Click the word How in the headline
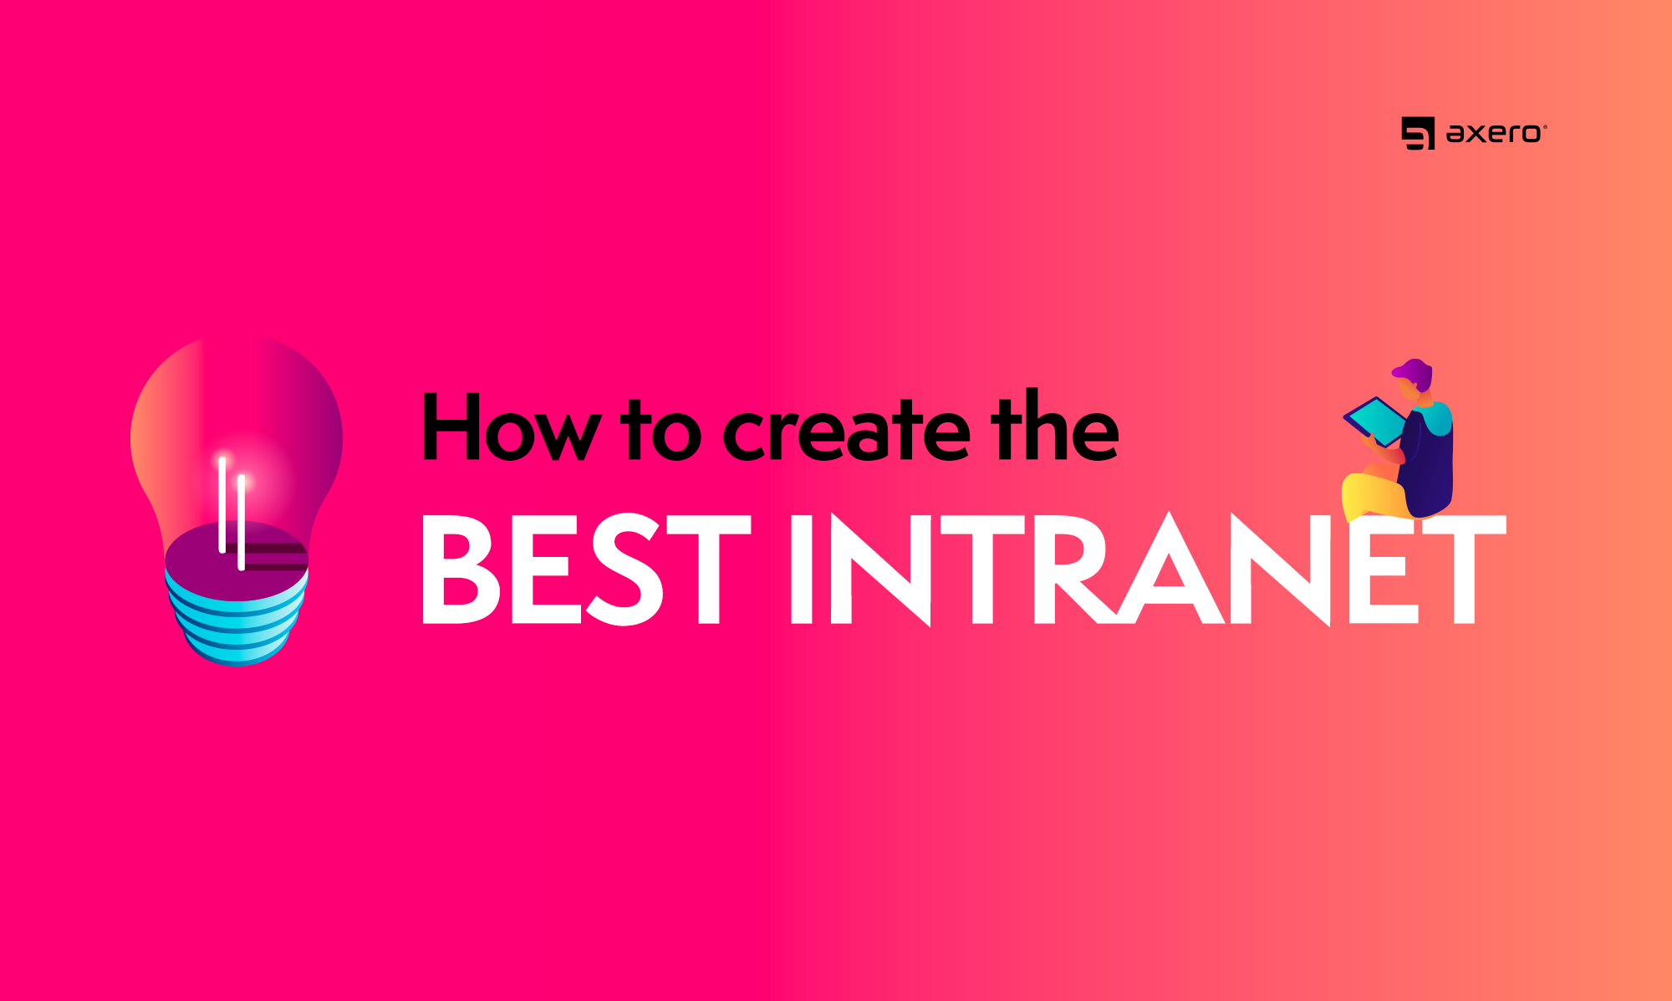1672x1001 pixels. (x=511, y=427)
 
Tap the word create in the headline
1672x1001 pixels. (x=846, y=431)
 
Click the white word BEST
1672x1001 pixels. (x=586, y=569)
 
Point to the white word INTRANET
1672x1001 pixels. (x=1148, y=569)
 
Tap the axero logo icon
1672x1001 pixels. (x=1418, y=134)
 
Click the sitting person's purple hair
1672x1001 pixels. (x=1415, y=371)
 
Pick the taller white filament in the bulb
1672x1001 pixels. (x=222, y=504)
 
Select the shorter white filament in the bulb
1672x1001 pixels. (x=242, y=522)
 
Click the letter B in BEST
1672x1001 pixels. (x=461, y=569)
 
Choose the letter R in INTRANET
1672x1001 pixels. (x=1074, y=569)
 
